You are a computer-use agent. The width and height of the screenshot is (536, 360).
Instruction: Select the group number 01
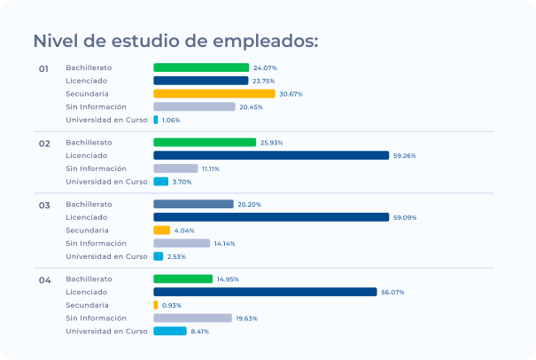pos(43,68)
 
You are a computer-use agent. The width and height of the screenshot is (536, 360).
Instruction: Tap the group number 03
pos(43,205)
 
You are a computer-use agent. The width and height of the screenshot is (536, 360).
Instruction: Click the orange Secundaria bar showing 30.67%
pos(214,93)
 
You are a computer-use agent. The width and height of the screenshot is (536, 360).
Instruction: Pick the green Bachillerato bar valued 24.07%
pos(201,67)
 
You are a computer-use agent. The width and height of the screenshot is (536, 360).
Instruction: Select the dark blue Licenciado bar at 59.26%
pos(271,155)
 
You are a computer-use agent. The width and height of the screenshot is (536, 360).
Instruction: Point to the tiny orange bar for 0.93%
pos(156,305)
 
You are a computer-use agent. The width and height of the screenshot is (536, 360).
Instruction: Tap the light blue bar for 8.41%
pos(169,331)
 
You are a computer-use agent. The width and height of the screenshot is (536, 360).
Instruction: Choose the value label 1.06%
pos(171,120)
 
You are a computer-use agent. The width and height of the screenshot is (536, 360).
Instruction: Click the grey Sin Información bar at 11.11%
pos(175,168)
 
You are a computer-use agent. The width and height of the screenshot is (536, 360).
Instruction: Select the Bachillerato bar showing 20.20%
pos(193,204)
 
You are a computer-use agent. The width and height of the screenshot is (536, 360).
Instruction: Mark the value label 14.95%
pos(228,279)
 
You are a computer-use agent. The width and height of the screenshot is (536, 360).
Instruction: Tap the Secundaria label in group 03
pos(87,230)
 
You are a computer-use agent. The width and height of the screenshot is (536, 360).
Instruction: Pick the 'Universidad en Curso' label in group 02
pos(106,181)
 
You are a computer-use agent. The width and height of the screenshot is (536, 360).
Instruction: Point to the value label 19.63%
pos(246,318)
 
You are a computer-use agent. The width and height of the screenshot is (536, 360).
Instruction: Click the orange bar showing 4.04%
pos(161,230)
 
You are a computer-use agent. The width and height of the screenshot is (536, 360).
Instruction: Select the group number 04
pos(44,280)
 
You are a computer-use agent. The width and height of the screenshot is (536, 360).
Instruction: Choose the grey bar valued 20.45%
pos(194,106)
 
